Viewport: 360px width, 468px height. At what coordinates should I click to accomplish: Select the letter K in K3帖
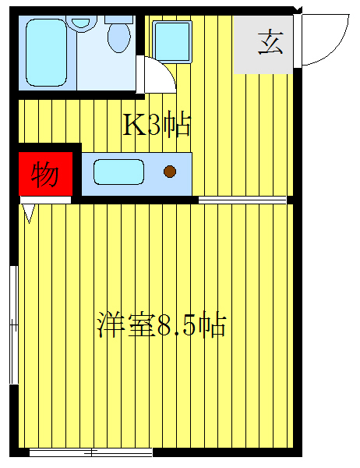coord(133,125)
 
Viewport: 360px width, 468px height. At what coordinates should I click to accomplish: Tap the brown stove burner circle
coord(170,172)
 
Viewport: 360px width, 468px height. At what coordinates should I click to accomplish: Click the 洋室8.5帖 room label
coord(161,324)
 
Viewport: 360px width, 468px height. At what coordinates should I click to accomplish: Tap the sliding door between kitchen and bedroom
coord(242,200)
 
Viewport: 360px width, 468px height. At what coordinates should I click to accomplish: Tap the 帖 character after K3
coord(178,125)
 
